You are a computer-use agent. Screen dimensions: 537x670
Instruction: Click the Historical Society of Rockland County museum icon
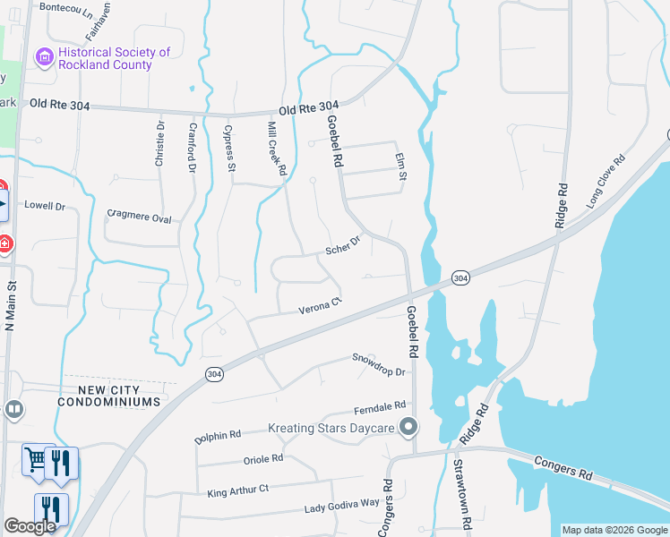coord(43,58)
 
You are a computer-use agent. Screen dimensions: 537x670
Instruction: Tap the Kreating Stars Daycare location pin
coord(408,427)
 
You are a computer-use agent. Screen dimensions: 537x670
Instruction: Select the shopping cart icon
coord(36,460)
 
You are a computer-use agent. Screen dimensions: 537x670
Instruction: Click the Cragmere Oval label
coord(139,215)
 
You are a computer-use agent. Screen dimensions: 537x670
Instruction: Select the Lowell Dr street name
coord(45,206)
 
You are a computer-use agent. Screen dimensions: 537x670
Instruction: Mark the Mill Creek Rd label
coord(277,149)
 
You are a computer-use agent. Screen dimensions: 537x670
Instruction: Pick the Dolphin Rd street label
coord(218,438)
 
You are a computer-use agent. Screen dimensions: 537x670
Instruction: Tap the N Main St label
coord(12,308)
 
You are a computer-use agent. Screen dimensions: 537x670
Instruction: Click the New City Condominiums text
coord(108,396)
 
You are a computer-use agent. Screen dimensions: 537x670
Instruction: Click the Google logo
coord(30,526)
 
